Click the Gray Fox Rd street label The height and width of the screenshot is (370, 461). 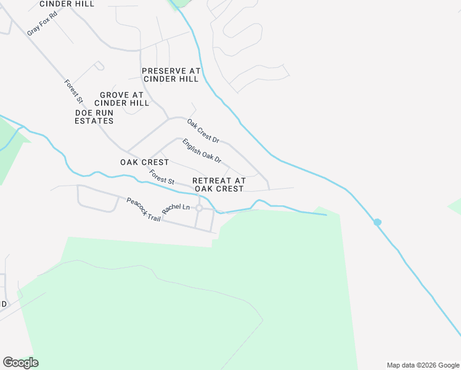pos(43,23)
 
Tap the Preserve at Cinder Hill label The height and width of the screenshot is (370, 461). pos(171,75)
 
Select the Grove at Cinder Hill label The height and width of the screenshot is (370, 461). pos(122,99)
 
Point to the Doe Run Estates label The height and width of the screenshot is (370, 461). pos(94,117)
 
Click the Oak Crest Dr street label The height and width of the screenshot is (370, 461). pos(203,130)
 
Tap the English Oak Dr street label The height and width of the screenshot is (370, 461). pos(202,150)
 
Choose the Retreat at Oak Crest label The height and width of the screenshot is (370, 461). pos(219,184)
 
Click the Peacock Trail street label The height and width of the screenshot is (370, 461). pos(144,210)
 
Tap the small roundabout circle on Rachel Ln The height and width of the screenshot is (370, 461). pos(199,208)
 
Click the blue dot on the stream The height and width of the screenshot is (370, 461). pos(377,222)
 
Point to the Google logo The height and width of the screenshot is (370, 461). pos(20,363)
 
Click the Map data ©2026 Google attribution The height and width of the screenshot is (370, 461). pos(422,365)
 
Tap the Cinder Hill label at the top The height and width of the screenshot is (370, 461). pos(67,4)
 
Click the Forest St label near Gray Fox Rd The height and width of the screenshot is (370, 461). pos(73,90)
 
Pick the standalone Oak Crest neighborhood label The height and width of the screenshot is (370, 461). pos(144,162)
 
